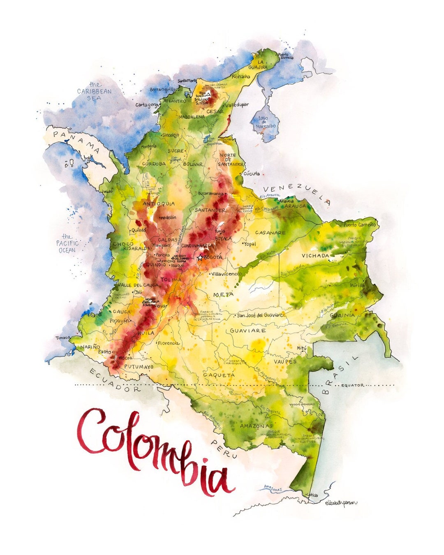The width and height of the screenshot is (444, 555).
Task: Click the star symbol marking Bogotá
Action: coord(200,258)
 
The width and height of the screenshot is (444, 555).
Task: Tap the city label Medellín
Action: coord(168,217)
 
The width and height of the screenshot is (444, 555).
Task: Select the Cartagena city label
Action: coord(147,105)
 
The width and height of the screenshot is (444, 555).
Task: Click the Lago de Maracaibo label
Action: coord(264,122)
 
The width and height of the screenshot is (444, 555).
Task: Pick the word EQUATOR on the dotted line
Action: coord(352,385)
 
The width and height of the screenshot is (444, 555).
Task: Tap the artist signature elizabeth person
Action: coord(341,502)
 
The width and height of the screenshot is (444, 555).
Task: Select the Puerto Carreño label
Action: coord(360,225)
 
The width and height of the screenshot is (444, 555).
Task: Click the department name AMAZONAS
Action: coord(256,425)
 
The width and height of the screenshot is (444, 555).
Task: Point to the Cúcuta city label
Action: coord(252,173)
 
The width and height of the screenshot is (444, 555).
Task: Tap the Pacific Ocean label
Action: coord(67,243)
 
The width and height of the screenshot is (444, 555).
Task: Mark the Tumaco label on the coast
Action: coord(63,338)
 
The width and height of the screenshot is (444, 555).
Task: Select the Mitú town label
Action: coord(302,348)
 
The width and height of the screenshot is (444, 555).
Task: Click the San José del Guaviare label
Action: coord(260,315)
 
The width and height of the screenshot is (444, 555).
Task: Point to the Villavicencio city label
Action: coord(227,273)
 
